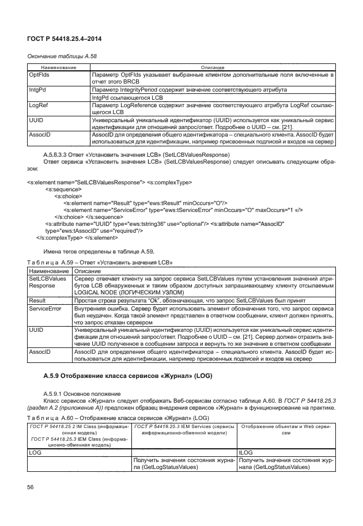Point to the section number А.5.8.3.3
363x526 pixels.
[62, 156]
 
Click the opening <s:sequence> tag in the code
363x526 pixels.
[64, 189]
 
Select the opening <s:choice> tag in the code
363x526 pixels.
[67, 196]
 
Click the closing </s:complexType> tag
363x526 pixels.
[59, 237]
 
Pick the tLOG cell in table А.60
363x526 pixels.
[245, 453]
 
